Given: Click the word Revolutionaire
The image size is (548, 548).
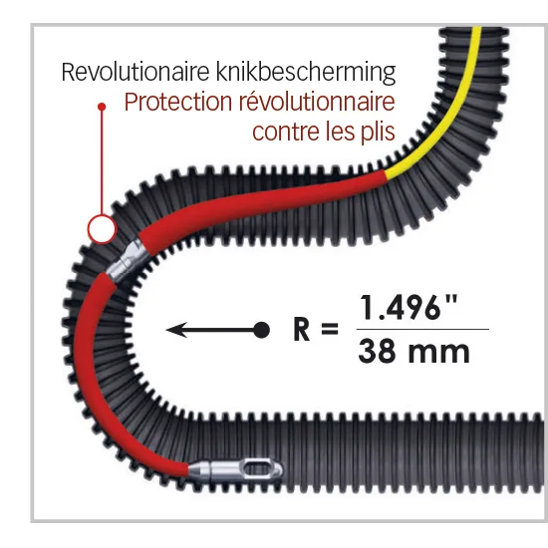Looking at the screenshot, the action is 136,72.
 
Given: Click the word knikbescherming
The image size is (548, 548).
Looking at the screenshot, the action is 306,73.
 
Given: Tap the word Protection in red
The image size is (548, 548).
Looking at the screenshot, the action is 178,102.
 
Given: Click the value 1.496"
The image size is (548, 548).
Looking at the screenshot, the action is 408,307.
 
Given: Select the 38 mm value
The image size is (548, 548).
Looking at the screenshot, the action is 413,352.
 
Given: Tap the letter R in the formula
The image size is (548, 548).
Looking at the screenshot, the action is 301,329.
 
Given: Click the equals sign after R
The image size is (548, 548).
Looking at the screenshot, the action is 329,329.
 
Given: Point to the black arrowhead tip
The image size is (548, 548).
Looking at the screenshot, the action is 166,330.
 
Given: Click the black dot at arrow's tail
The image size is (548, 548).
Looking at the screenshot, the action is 261,330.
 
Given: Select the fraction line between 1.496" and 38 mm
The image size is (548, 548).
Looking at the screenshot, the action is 422,329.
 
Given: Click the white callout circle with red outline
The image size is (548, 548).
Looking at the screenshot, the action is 102,229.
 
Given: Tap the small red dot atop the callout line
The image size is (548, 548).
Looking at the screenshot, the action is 102,107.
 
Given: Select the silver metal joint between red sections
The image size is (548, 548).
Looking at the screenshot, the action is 127,260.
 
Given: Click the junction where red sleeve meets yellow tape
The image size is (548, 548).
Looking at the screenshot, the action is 386,175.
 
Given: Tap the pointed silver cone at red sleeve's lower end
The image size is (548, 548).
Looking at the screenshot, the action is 198,468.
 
